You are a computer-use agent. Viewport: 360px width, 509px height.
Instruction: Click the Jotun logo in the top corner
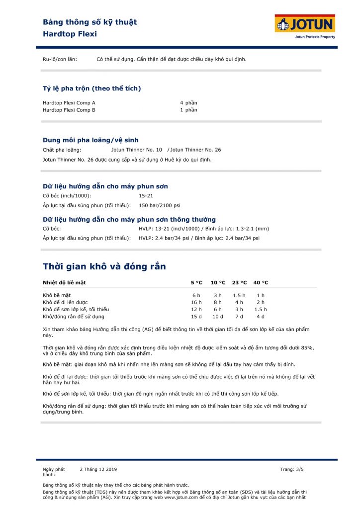pos(305,26)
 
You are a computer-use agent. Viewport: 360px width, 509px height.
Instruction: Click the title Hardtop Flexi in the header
pos(70,34)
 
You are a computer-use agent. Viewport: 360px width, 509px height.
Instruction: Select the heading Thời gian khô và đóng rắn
pos(104,266)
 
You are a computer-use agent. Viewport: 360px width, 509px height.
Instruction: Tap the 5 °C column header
pos(196,282)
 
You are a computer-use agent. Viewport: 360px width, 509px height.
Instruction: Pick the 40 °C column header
pos(261,282)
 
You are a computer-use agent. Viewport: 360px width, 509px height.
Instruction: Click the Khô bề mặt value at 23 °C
pos(239,295)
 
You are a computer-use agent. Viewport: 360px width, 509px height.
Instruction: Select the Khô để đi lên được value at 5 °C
pos(196,302)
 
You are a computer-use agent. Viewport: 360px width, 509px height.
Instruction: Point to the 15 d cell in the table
pos(196,316)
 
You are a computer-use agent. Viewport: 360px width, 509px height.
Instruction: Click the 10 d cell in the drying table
pos(218,316)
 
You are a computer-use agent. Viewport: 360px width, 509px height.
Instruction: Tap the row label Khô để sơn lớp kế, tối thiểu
pos(76,309)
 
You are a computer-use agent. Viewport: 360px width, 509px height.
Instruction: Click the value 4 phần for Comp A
pos(188,103)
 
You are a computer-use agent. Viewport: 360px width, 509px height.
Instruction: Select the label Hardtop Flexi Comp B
pos(69,110)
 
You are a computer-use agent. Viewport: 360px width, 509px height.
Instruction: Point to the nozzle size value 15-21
pos(146,196)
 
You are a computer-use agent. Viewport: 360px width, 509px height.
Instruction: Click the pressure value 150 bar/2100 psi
pos(159,205)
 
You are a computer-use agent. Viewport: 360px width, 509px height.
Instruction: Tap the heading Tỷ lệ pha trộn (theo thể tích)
pos(92,88)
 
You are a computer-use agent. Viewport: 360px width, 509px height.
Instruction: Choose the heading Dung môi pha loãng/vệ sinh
pos(90,140)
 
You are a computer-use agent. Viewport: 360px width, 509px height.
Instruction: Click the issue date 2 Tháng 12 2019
pos(98,469)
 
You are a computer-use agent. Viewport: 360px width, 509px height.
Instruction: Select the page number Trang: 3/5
pos(292,469)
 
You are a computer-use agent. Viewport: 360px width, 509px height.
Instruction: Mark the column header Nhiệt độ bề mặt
pos(65,282)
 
